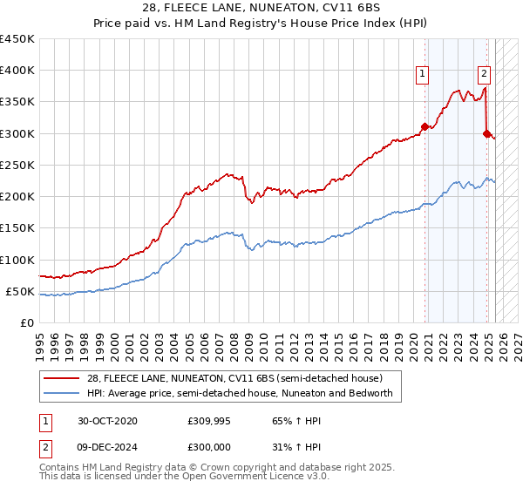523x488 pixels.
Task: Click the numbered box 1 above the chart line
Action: click(x=422, y=74)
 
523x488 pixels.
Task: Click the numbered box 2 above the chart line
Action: click(x=484, y=74)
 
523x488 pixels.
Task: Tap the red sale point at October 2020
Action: click(x=425, y=126)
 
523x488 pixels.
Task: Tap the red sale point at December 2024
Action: click(x=486, y=133)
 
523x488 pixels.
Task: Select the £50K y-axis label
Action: click(x=21, y=291)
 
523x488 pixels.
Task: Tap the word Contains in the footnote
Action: click(x=61, y=469)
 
